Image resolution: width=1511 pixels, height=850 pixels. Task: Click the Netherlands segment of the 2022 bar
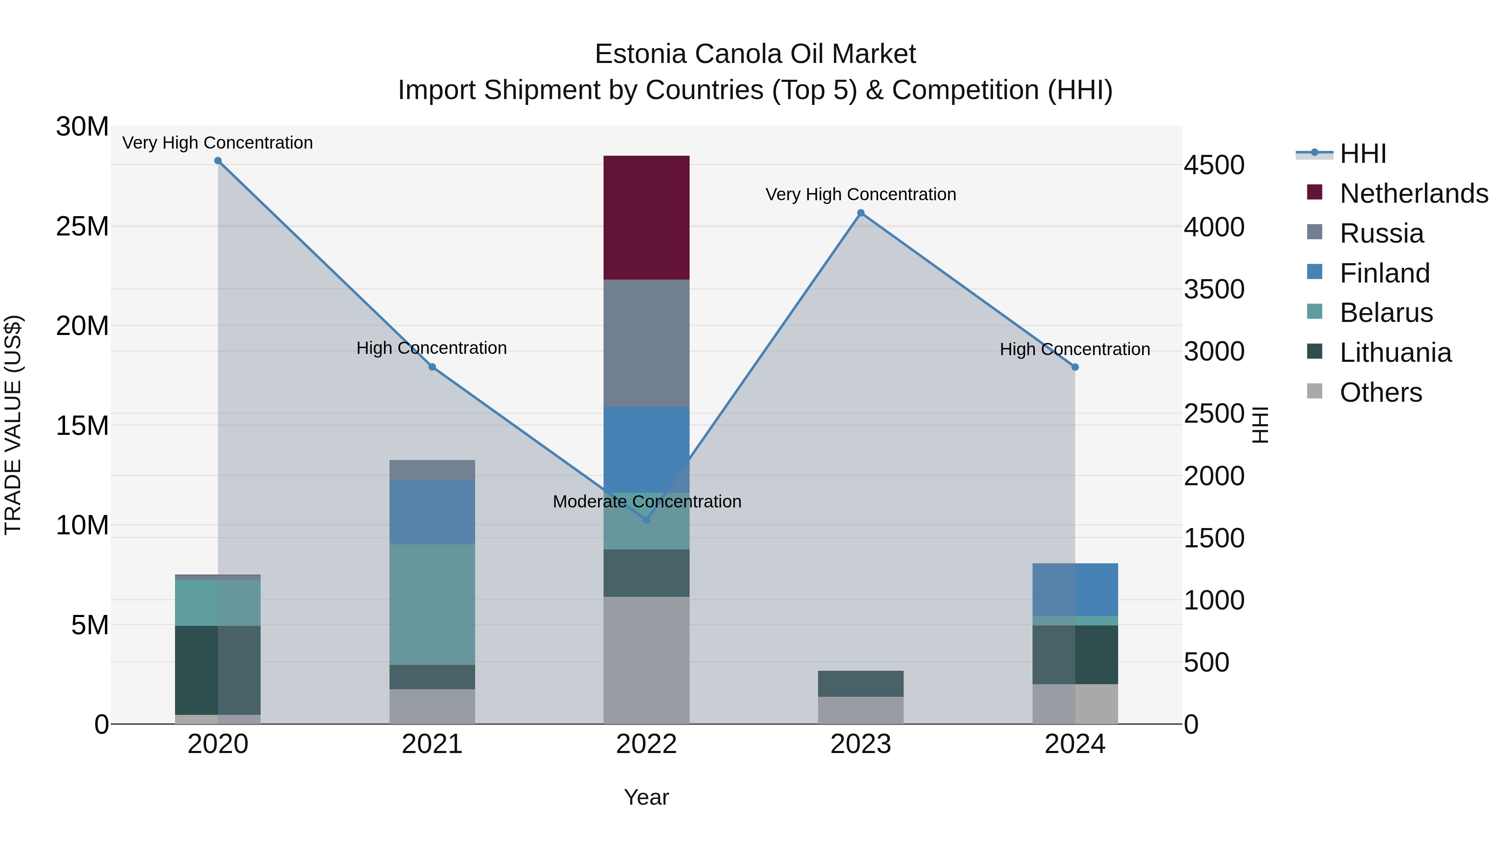[646, 217]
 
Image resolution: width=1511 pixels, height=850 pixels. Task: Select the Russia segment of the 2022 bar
[646, 343]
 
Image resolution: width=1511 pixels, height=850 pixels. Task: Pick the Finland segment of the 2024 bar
[1074, 590]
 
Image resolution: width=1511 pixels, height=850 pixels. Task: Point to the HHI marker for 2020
[218, 161]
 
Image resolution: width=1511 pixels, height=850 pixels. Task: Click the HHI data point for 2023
[860, 213]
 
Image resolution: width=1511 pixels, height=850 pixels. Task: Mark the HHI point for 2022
[646, 520]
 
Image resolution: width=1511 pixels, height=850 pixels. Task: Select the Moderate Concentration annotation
[646, 502]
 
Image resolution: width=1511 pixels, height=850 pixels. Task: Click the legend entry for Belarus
[1386, 313]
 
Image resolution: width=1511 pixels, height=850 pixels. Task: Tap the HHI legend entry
[1362, 154]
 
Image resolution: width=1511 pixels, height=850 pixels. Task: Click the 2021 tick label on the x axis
[432, 744]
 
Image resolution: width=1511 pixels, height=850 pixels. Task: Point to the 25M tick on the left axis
[82, 226]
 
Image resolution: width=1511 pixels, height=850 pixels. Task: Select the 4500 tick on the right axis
[1213, 165]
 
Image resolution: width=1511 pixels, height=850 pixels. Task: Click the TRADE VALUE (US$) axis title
[13, 425]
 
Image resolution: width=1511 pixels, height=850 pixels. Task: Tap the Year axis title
[646, 797]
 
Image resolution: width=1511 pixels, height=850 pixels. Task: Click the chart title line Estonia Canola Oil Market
[755, 54]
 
